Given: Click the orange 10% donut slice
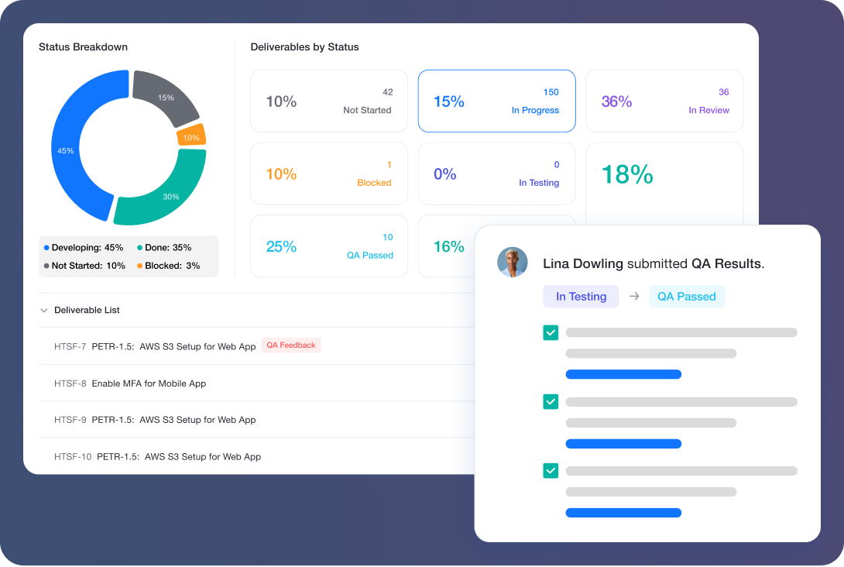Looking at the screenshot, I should (190, 137).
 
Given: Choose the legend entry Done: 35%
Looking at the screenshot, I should (164, 248).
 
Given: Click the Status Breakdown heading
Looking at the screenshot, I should (83, 47).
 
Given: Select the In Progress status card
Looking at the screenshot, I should (496, 101).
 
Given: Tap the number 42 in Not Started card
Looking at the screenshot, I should (387, 92).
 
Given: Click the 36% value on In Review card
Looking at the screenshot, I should (616, 101).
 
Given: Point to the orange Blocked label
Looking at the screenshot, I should (374, 183).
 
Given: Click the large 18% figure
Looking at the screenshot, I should (627, 174).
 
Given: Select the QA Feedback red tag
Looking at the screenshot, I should (291, 345).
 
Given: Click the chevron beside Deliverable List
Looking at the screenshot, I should (43, 311).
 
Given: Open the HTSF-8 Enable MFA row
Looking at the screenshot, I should (149, 383).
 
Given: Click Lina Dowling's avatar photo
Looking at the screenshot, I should (512, 263).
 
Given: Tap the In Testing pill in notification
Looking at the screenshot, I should (581, 297).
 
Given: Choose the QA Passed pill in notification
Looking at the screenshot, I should (687, 297).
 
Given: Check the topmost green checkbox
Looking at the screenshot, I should (551, 332).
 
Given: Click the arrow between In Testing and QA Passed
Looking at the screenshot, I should (634, 297).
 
